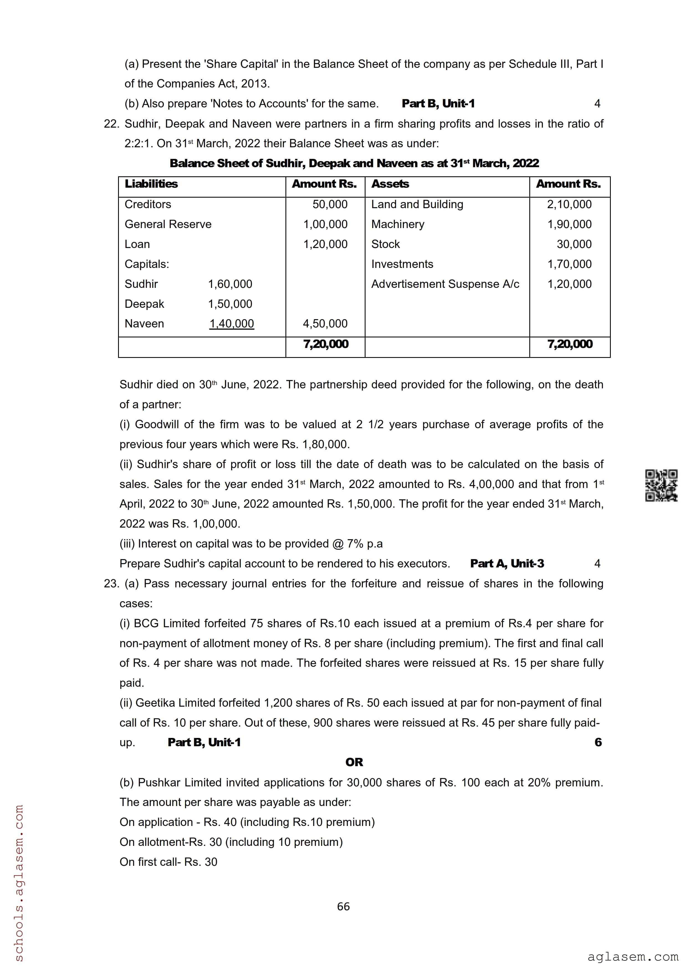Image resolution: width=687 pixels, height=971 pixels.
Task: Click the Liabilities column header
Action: [x=151, y=184]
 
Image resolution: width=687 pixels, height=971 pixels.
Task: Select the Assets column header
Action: [x=390, y=184]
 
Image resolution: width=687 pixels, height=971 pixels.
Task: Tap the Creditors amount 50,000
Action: [x=330, y=204]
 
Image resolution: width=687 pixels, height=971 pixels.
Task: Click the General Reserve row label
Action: [x=168, y=224]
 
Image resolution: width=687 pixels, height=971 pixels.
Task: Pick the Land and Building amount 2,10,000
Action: [x=569, y=204]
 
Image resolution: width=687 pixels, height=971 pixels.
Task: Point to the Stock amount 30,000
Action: [x=574, y=244]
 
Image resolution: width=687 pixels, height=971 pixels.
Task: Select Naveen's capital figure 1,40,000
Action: [x=231, y=324]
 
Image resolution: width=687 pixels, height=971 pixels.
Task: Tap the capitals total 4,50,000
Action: [x=325, y=324]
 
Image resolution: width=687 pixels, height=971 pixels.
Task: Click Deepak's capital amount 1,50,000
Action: [x=230, y=304]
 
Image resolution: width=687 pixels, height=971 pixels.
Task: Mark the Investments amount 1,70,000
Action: [x=569, y=264]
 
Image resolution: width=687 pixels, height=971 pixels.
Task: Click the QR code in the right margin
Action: [x=661, y=485]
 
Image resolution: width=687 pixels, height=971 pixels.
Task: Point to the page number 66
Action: [x=343, y=906]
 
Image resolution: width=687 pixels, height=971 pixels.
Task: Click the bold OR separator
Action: [x=354, y=762]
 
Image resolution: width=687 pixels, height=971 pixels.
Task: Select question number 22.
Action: [x=111, y=124]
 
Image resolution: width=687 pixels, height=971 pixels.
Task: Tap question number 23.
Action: [x=111, y=583]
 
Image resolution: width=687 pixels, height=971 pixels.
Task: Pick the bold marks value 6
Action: [x=598, y=742]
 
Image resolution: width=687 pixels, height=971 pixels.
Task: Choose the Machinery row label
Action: [x=397, y=224]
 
